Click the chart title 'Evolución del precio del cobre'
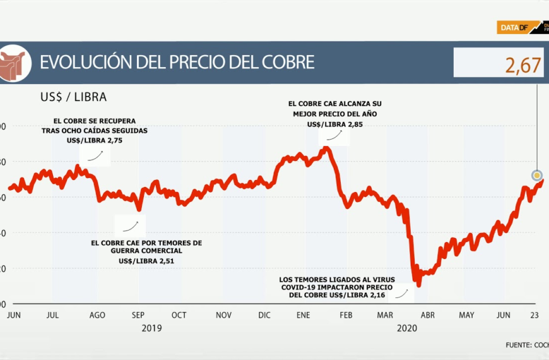pyautogui.click(x=177, y=63)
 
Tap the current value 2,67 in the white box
pyautogui.click(x=523, y=65)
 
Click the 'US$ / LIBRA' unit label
pyautogui.click(x=73, y=97)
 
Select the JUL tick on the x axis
pyautogui.click(x=53, y=315)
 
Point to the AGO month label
pyautogui.click(x=97, y=315)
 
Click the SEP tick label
pyautogui.click(x=139, y=315)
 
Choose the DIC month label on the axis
pyautogui.click(x=264, y=315)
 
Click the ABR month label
pyautogui.click(x=427, y=315)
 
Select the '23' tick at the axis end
pyautogui.click(x=534, y=315)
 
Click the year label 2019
pyautogui.click(x=151, y=328)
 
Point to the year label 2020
pyautogui.click(x=407, y=328)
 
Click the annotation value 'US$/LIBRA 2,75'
pyautogui.click(x=94, y=141)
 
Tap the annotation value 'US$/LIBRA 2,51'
pyautogui.click(x=146, y=261)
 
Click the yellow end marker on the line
pyautogui.click(x=537, y=176)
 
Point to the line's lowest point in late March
pyautogui.click(x=418, y=285)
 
